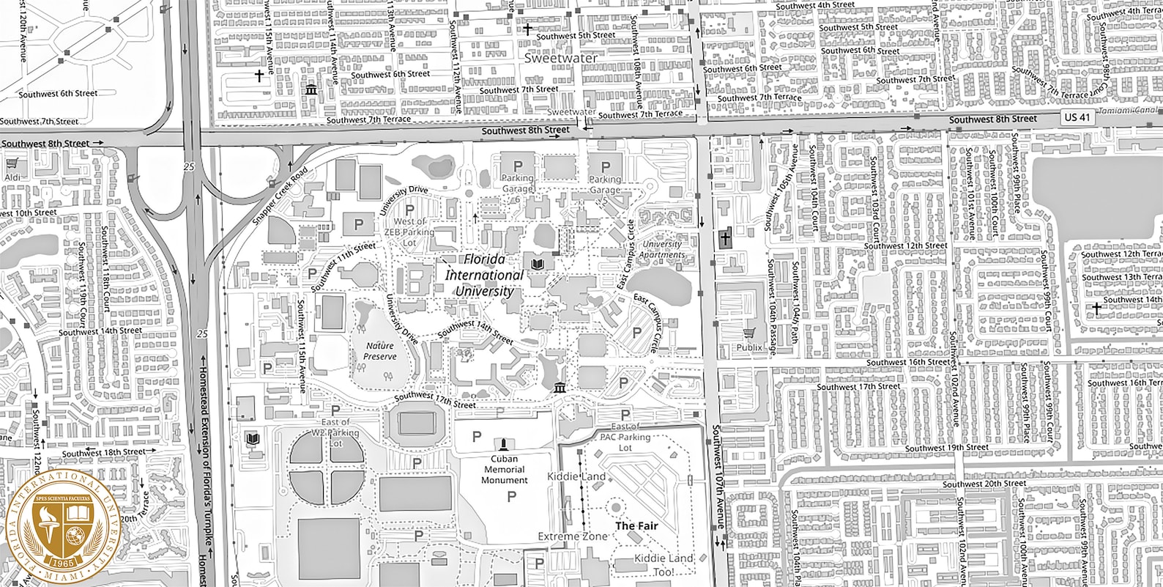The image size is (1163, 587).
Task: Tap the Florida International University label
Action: tap(484, 276)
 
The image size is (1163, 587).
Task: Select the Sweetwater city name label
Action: tap(561, 57)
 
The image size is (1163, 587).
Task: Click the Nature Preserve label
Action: tap(379, 351)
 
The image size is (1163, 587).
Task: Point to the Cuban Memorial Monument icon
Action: tap(503, 444)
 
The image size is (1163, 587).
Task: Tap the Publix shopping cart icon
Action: tap(748, 333)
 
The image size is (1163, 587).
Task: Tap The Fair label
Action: tap(636, 526)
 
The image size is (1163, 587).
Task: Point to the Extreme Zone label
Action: tap(572, 537)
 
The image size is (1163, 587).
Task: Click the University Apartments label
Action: tap(661, 250)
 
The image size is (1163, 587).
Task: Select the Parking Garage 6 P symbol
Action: tap(518, 166)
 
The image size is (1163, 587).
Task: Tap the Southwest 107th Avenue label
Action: tap(720, 476)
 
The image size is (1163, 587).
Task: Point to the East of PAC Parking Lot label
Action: tap(625, 437)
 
